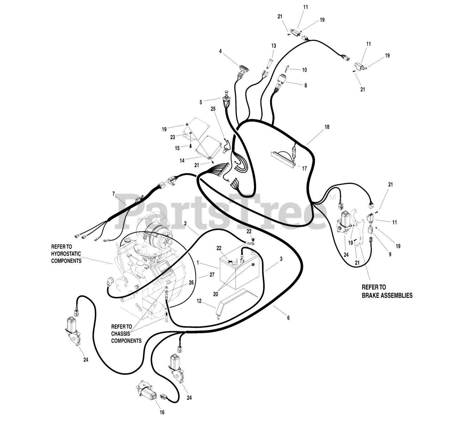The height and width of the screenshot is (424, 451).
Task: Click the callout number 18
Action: pos(327,127)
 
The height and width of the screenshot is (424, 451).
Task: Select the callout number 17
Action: pos(304,168)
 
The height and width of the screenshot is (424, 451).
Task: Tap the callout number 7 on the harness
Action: pos(113,194)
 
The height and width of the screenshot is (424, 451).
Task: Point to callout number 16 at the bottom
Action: pos(162,412)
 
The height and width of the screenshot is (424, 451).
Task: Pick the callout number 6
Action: pos(288,318)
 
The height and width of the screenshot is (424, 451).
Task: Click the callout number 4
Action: pos(220,51)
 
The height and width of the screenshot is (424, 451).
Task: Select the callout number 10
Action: pos(304,70)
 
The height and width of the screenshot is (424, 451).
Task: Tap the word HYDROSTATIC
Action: pos(66,254)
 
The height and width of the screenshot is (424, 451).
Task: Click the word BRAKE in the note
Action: pos(370,295)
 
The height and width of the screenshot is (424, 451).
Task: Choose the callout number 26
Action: pos(191,282)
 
